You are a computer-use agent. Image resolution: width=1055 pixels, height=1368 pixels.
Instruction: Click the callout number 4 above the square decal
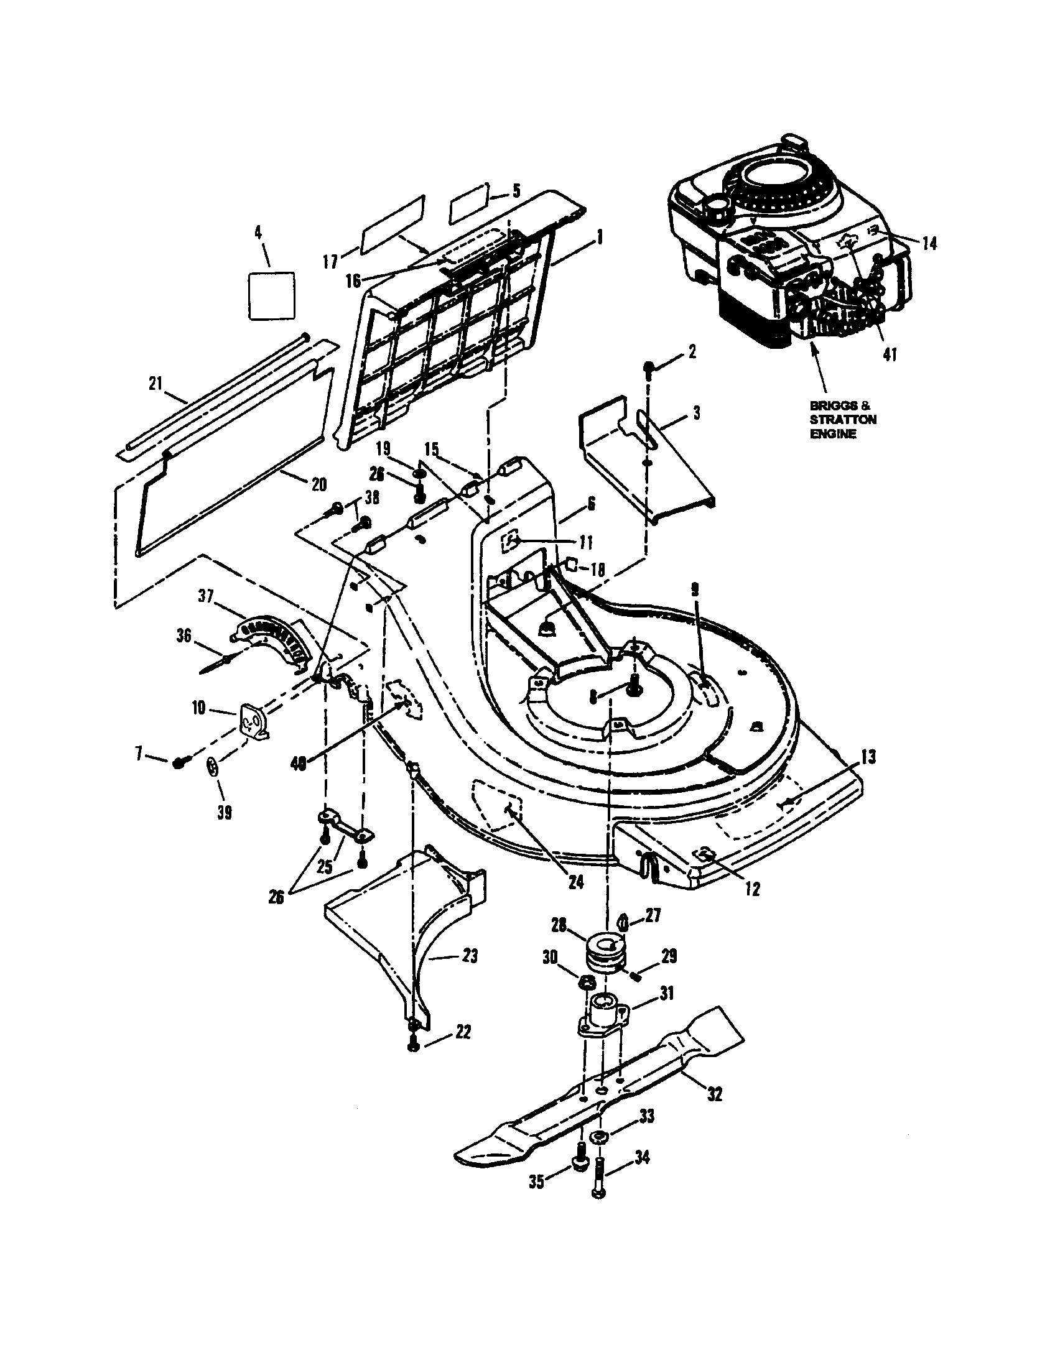(x=258, y=233)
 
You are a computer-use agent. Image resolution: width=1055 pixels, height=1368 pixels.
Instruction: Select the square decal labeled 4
(x=271, y=295)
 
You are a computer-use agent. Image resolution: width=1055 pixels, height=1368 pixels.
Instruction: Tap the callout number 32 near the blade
(x=714, y=1094)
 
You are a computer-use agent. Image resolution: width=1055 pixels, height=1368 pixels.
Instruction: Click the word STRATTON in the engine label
(x=843, y=419)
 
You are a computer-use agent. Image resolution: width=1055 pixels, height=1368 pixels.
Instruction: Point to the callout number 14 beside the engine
(x=930, y=243)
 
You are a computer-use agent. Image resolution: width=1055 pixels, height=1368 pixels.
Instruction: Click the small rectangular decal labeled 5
(x=468, y=203)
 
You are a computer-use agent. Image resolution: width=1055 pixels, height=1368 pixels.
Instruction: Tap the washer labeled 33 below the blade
(x=600, y=1137)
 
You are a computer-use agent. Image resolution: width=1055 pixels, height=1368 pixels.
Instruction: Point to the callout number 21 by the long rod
(x=156, y=383)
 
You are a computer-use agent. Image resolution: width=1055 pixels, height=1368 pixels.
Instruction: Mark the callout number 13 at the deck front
(x=868, y=757)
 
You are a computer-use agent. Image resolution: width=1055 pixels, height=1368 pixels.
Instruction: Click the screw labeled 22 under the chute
(x=413, y=1045)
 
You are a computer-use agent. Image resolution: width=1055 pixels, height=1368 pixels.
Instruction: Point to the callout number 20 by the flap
(x=318, y=484)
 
